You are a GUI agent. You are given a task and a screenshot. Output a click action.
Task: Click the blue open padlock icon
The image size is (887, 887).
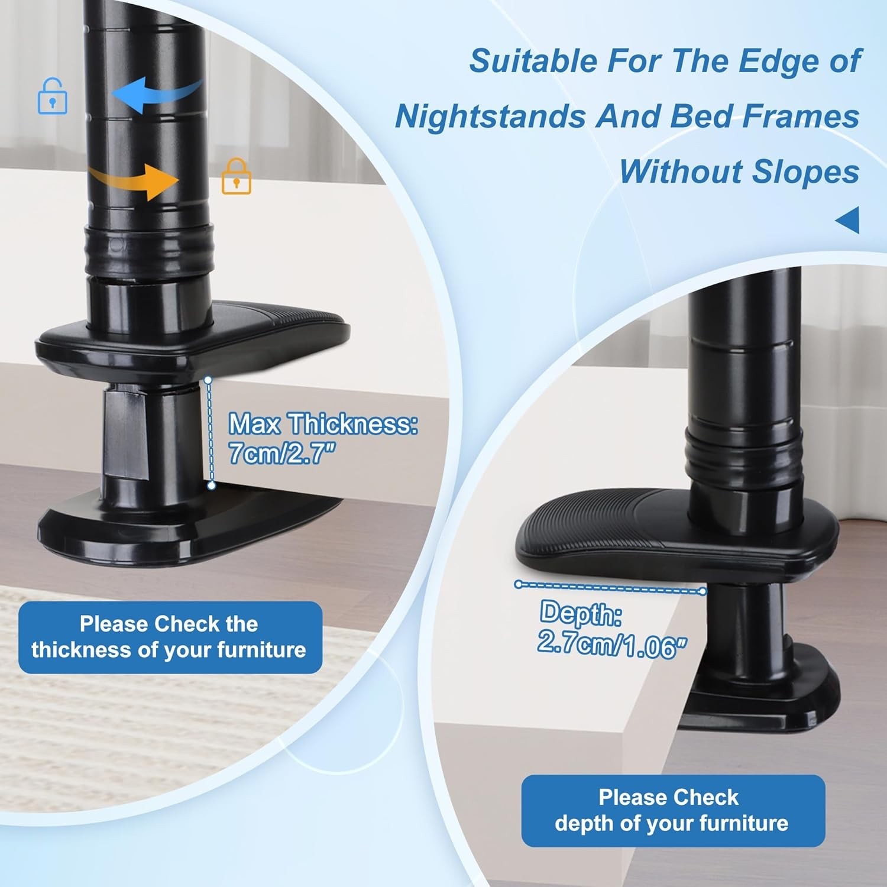click(x=52, y=96)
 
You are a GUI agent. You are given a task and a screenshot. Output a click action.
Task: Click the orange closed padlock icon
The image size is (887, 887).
click(x=237, y=176)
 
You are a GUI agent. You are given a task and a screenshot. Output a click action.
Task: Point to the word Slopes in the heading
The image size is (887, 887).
click(x=805, y=172)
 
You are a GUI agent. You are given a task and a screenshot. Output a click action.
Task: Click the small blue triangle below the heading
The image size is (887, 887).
click(x=847, y=220)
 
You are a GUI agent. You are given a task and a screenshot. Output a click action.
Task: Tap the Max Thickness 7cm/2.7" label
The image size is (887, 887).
click(x=323, y=438)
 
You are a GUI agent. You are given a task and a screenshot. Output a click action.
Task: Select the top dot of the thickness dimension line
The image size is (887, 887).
click(x=208, y=380)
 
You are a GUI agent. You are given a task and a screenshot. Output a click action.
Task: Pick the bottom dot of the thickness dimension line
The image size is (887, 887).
click(x=211, y=485)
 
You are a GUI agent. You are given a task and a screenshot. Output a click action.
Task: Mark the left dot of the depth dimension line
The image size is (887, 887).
click(x=519, y=584)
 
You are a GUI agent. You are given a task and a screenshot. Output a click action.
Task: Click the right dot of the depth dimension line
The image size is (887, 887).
click(x=703, y=591)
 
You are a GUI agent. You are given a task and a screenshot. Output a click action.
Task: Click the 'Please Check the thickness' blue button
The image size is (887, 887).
click(x=170, y=637)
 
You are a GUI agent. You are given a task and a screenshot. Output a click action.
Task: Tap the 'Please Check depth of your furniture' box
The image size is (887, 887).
click(x=673, y=811)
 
